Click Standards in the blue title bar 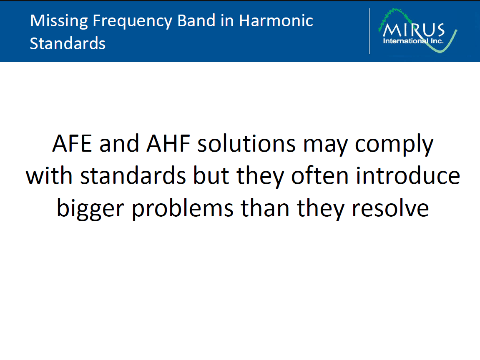point(68,43)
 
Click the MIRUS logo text point(414,31)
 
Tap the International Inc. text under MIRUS point(413,41)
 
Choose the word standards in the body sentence point(133,176)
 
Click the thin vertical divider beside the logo point(369,31)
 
